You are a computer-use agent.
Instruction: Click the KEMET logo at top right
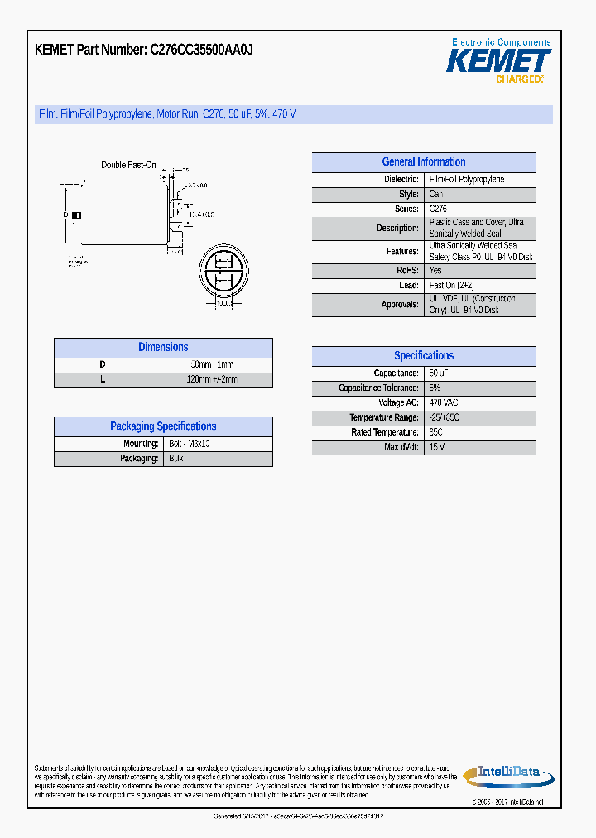(498, 60)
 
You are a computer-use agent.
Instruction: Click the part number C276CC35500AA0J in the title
(201, 50)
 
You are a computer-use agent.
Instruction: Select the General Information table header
(424, 162)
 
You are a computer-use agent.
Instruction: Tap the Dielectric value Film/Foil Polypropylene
(466, 180)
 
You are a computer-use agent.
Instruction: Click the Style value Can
(435, 195)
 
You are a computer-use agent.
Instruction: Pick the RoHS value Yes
(435, 271)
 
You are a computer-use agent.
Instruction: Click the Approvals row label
(401, 305)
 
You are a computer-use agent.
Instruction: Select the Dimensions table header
(163, 348)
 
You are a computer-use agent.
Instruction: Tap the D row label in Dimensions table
(103, 364)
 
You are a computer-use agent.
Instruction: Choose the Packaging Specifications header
(163, 426)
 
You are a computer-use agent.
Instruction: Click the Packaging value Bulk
(175, 459)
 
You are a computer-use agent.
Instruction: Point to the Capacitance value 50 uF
(439, 373)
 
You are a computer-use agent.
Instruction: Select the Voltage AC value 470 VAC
(444, 403)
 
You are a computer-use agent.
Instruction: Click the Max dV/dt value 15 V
(437, 448)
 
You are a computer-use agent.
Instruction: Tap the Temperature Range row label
(383, 418)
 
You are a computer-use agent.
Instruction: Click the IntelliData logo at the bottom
(502, 774)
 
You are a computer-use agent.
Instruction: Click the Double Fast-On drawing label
(128, 165)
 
